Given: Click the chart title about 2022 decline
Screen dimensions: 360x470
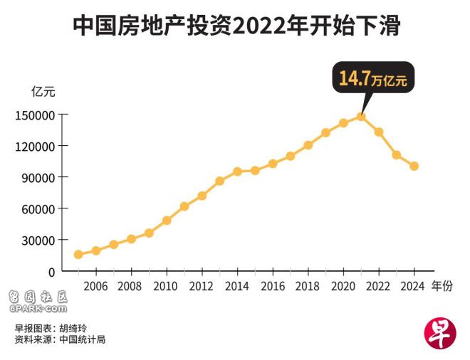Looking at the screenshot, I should point(236,26).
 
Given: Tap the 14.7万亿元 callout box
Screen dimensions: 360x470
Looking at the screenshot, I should point(372,78).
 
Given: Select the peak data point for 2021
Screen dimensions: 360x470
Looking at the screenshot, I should point(361,117).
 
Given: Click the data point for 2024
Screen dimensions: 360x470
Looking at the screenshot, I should point(414,166).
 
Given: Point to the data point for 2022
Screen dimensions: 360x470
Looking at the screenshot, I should point(379,132).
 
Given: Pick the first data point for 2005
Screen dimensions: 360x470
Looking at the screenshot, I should point(78,254).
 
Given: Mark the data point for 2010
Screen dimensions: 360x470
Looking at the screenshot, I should point(167,221).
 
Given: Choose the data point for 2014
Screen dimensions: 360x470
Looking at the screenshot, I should point(237,171).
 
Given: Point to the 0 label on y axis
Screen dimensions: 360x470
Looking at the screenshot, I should point(51,272).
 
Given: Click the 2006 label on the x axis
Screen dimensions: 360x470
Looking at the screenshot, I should point(95,286).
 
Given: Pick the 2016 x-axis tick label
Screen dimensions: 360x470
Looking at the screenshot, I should point(272,286).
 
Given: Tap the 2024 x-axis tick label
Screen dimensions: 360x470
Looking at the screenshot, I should point(413,286).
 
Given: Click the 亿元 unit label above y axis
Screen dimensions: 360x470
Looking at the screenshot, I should point(42,91).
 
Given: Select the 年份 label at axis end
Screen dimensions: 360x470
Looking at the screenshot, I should point(442,286).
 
